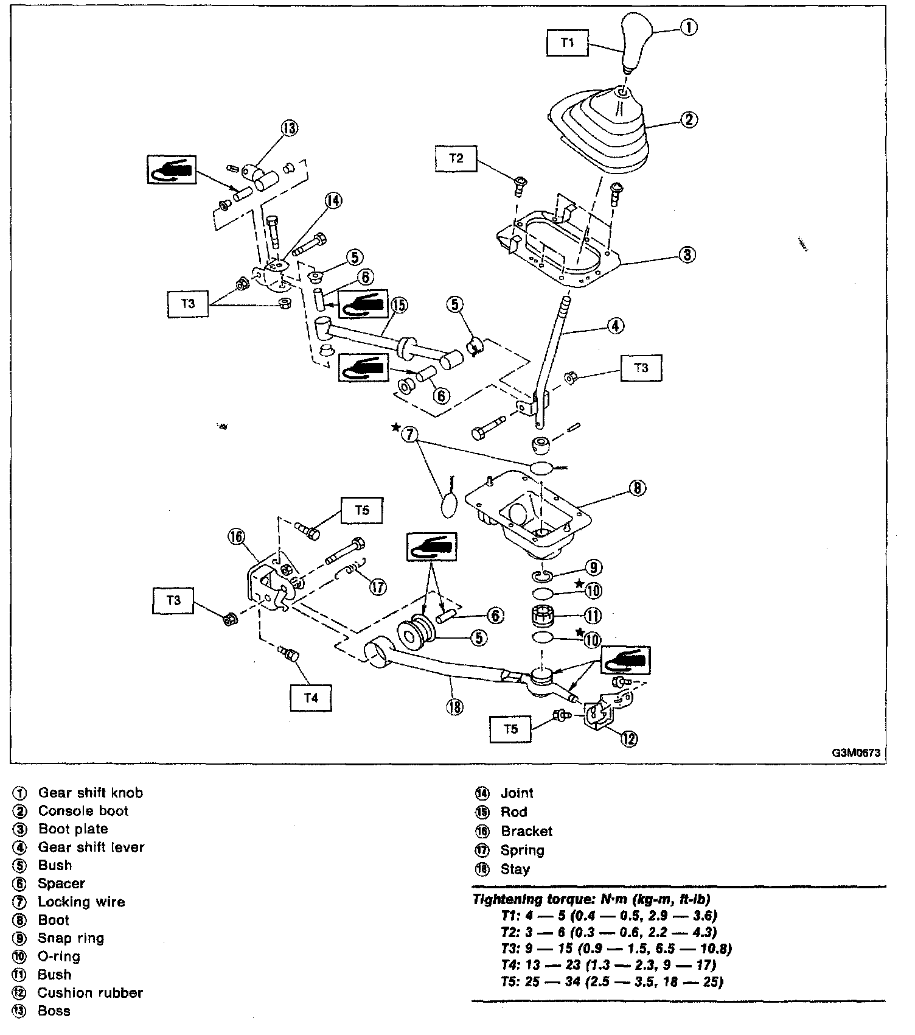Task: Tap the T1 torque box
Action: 567,43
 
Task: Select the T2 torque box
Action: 456,158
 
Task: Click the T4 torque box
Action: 311,698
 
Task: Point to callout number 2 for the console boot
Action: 688,119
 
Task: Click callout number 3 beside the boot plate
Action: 687,254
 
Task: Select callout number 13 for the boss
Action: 290,128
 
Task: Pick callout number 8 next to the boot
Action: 636,488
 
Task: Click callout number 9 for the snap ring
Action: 593,568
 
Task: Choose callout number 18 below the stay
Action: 454,707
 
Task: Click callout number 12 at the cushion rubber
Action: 628,739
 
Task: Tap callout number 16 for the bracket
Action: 236,536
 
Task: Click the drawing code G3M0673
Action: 856,753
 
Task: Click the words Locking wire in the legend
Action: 81,902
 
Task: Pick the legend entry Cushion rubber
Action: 90,992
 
